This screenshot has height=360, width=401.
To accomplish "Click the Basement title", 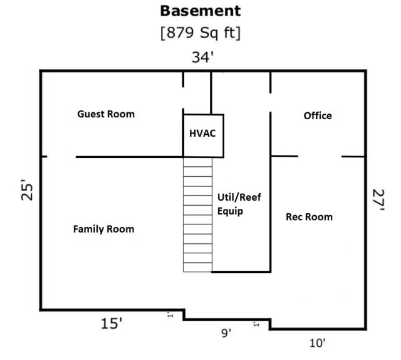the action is click(200, 11).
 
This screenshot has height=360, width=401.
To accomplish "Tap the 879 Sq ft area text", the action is click(200, 33).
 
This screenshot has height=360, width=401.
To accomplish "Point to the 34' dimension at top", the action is click(202, 57).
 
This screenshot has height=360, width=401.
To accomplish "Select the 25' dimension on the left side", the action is click(27, 190).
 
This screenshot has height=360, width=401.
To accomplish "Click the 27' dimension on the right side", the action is click(378, 200).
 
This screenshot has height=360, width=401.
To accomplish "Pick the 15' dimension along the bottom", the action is click(112, 324).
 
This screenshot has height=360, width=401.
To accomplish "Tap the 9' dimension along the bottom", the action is click(226, 333).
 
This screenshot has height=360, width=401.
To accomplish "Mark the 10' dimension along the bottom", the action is click(318, 343).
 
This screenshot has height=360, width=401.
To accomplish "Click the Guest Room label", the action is click(106, 114).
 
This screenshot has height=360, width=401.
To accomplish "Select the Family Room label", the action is click(103, 229).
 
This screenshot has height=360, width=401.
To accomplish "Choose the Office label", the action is click(318, 116).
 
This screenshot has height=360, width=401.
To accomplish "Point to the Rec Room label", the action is click(309, 217).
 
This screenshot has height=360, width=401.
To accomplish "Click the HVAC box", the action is click(203, 135).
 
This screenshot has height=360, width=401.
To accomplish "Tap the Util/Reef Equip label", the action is click(239, 204).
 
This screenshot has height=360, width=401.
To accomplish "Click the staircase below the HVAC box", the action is click(198, 214).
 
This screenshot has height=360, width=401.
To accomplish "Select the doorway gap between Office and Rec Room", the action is click(320, 156).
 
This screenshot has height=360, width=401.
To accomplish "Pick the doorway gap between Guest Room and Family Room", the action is click(61, 157).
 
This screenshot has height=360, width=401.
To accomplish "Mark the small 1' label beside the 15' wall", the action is click(170, 315).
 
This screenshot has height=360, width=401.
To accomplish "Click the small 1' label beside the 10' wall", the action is click(256, 325).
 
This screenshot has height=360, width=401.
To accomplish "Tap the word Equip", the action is click(230, 211).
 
